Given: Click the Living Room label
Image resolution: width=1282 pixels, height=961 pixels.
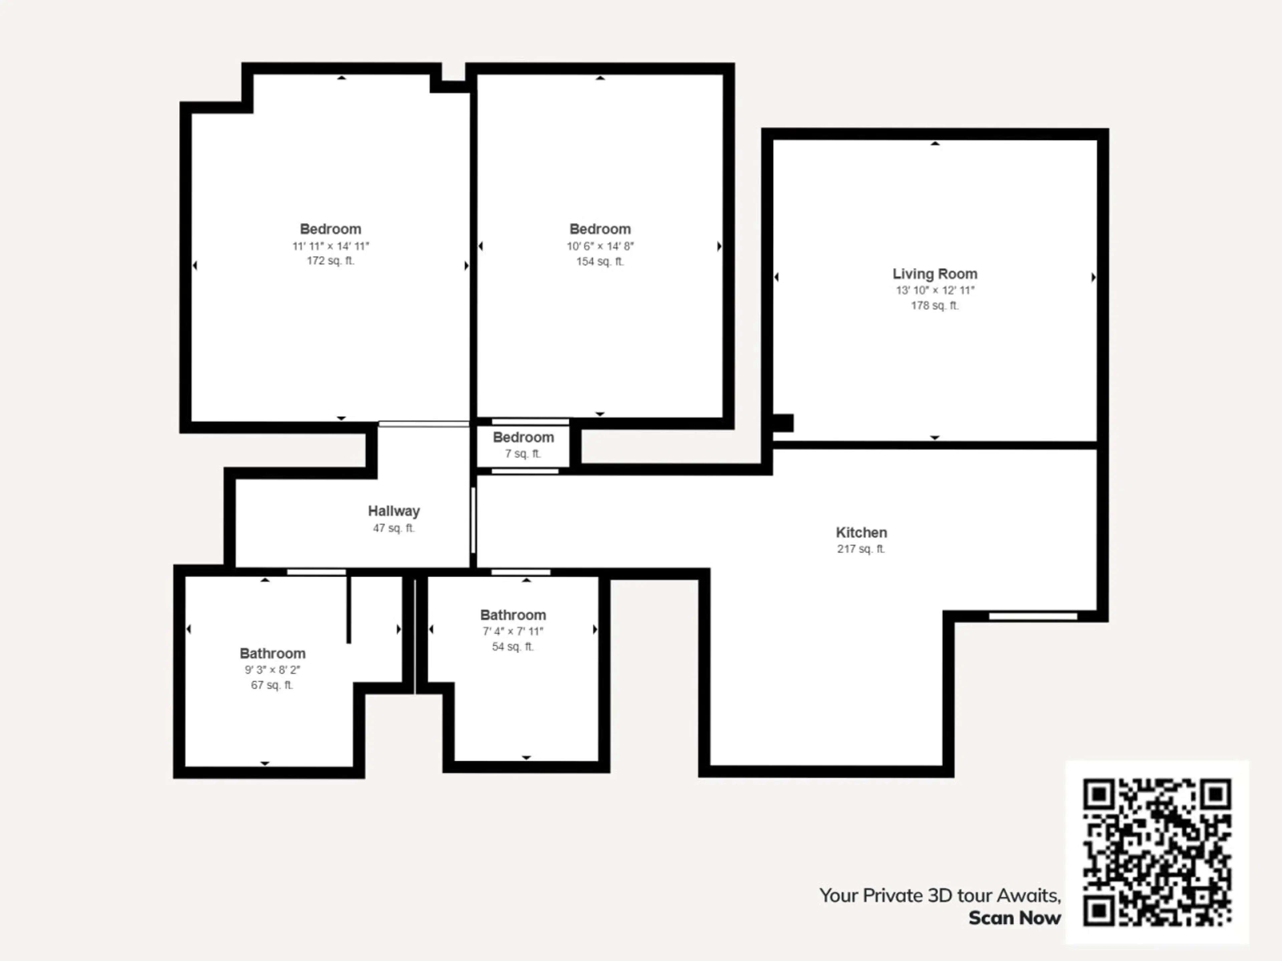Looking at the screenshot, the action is coord(934,274).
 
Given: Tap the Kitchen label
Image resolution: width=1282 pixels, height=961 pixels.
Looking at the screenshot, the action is coord(861,532).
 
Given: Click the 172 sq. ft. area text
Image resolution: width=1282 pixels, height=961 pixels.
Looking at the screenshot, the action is coord(331,261).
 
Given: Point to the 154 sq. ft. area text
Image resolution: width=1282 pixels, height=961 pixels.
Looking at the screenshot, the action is coord(600,261).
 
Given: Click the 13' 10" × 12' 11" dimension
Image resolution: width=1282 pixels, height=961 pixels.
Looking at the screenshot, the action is coord(935,290).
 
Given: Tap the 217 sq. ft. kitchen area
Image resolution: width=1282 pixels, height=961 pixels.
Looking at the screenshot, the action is coord(861,549).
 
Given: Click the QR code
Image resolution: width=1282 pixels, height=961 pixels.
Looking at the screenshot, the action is coord(1157,852).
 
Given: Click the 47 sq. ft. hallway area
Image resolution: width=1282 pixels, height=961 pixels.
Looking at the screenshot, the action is coord(394,528).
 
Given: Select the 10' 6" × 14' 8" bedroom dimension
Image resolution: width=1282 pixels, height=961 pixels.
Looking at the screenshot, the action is coord(600,246).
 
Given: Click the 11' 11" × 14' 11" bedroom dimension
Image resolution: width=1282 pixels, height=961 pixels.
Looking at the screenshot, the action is coord(331,246).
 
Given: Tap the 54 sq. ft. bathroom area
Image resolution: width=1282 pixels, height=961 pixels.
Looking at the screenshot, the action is coord(513,646).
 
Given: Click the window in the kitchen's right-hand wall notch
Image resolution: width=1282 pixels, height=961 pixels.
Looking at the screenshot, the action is coord(1033,616).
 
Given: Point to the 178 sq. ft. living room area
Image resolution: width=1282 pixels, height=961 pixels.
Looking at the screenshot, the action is coord(935,305).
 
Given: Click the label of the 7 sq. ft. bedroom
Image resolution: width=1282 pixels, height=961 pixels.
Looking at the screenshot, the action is coord(523,437).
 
